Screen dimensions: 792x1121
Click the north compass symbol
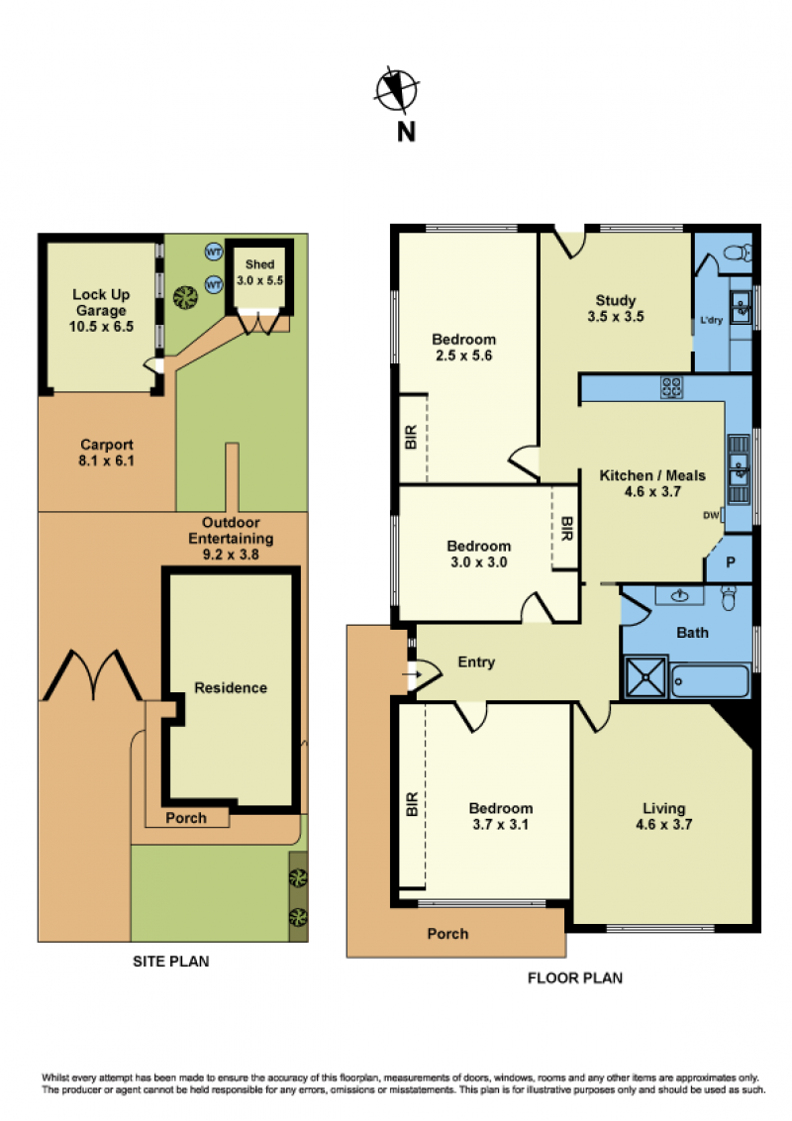397,90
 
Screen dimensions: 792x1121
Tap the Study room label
616,308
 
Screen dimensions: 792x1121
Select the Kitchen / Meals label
651,483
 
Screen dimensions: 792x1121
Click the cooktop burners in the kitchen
671,387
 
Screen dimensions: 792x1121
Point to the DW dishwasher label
711,515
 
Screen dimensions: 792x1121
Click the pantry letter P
731,561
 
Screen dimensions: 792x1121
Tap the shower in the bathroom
645,677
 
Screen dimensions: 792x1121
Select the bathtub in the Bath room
711,681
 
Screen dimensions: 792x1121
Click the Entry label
476,662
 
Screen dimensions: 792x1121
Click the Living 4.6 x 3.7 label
664,816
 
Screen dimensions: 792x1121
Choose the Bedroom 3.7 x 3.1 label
500,816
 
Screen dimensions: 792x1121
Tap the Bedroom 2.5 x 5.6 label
464,347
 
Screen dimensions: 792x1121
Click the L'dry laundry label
711,320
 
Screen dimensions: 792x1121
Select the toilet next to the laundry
737,253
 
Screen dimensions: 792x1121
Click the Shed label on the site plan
259,264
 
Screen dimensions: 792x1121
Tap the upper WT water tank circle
214,252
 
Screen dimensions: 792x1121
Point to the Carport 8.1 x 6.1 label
107,453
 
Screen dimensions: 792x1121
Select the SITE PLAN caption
171,962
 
